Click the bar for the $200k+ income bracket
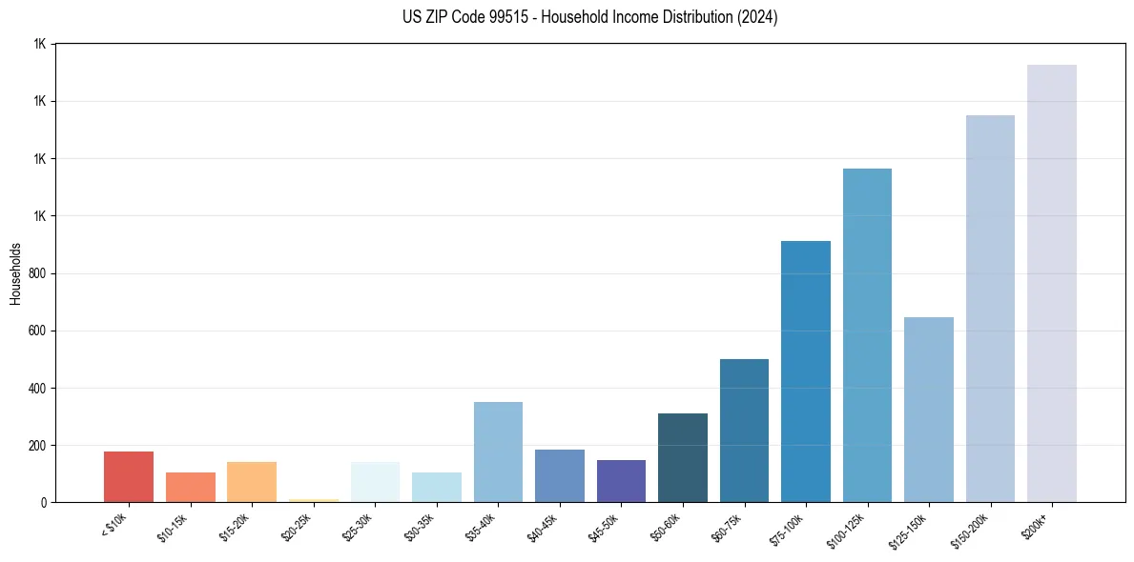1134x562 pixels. click(1051, 284)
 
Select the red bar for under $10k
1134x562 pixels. click(129, 477)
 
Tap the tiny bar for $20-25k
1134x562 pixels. click(313, 500)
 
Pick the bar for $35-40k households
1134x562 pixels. click(498, 452)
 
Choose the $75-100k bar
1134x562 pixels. click(805, 371)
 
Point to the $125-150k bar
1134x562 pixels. click(928, 410)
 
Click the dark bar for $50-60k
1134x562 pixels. click(683, 458)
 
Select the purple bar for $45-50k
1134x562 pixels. click(621, 481)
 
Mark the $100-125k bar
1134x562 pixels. click(867, 335)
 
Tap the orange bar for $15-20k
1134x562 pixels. click(252, 482)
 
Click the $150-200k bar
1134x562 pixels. click(990, 309)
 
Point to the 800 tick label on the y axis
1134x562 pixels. click(37, 273)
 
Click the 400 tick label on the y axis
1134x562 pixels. click(37, 389)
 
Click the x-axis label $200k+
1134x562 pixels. click(1036, 523)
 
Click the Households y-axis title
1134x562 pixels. click(15, 273)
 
